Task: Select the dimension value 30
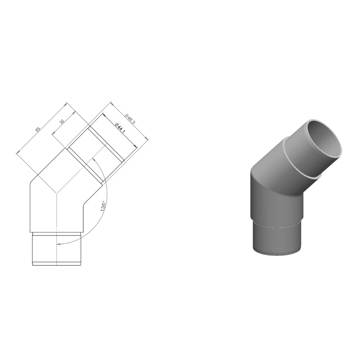(62, 122)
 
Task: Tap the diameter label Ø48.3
(130, 117)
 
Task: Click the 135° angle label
(105, 206)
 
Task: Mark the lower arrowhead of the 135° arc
(58, 244)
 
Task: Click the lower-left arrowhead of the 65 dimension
(18, 153)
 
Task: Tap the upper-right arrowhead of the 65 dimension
(66, 104)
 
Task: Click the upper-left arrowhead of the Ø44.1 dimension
(103, 115)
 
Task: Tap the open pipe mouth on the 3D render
(323, 138)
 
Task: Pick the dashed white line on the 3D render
(277, 226)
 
